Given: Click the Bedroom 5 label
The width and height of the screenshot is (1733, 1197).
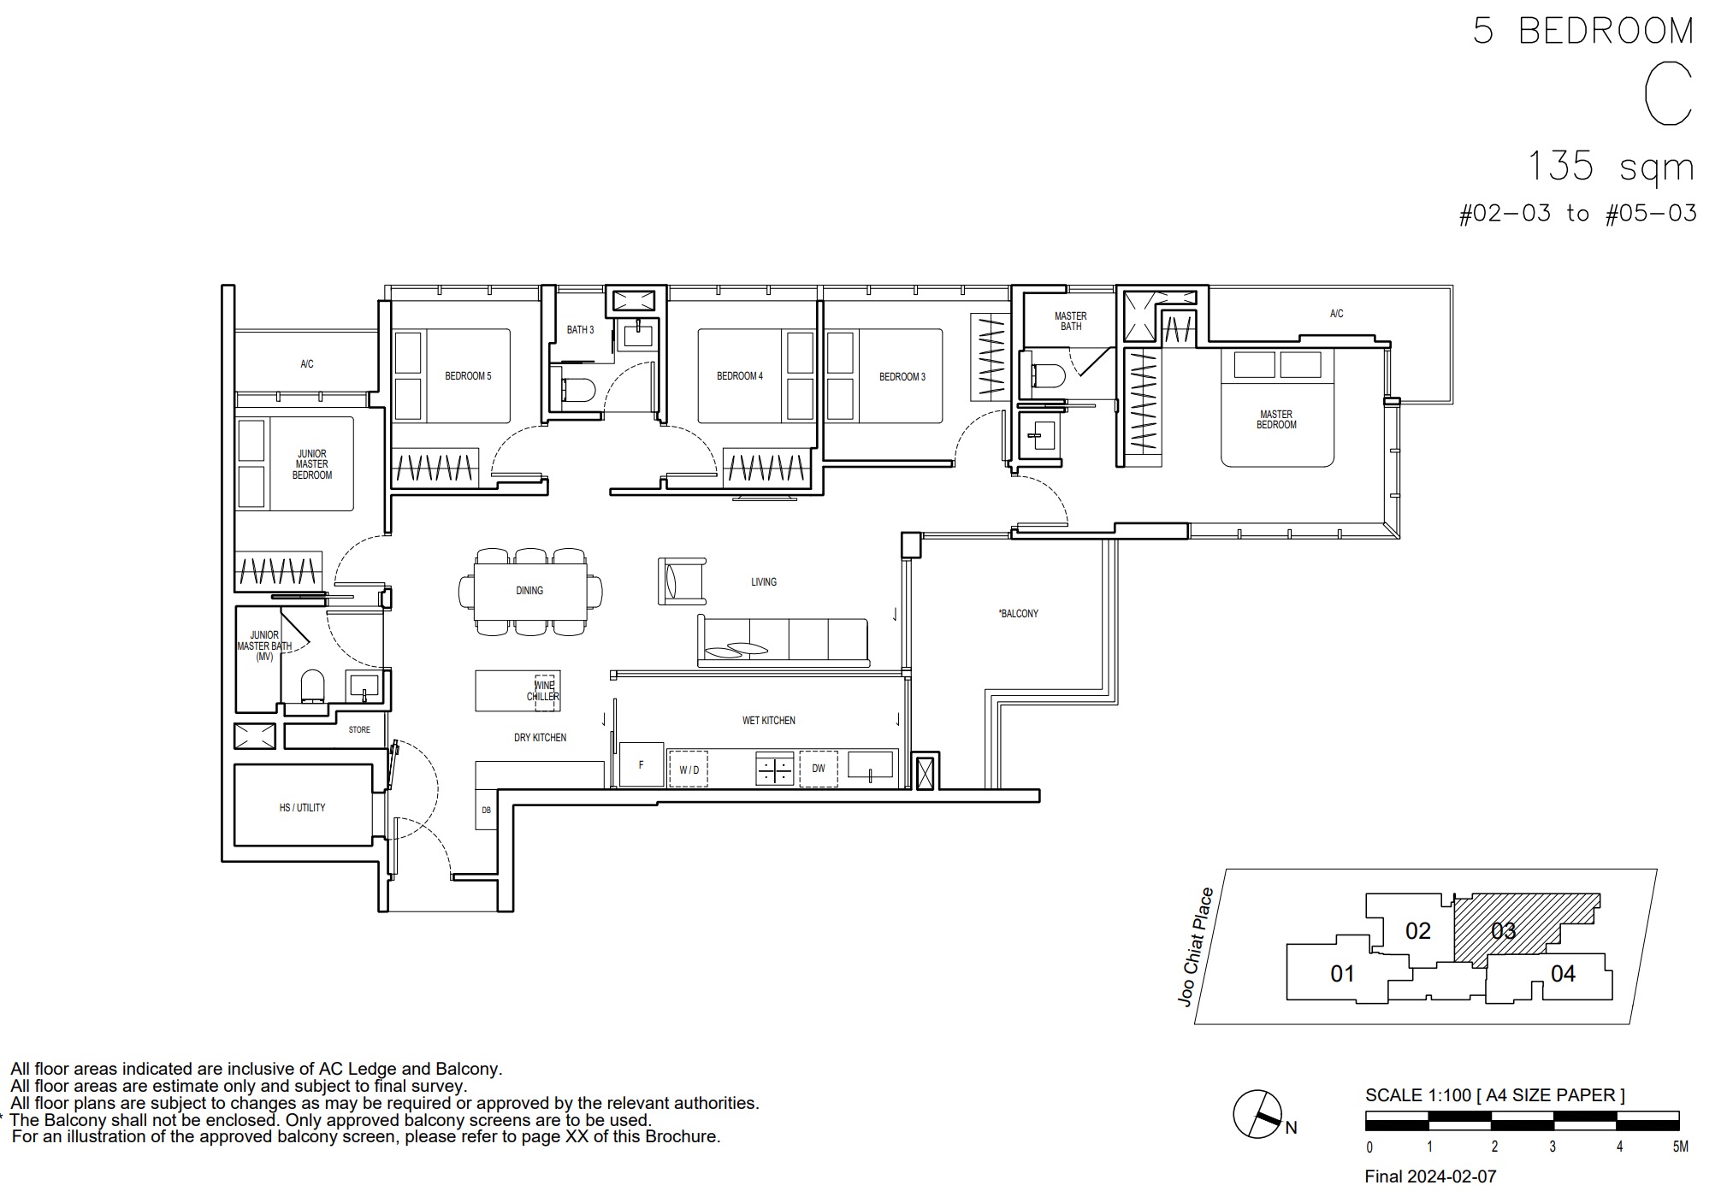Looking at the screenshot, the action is (x=468, y=376).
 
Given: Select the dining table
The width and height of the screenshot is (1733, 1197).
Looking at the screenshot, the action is (x=530, y=591).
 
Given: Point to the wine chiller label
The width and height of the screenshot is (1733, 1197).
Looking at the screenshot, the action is (x=543, y=691).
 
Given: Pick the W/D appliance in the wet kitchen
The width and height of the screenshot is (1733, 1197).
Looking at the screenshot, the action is (x=689, y=769).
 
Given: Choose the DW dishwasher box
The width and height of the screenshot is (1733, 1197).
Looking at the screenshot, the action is (x=819, y=769).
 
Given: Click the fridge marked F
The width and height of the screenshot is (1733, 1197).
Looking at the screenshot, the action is (x=641, y=764).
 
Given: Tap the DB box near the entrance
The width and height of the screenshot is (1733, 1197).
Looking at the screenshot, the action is (x=486, y=811).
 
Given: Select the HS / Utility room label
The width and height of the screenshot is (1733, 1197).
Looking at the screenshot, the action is (x=302, y=807).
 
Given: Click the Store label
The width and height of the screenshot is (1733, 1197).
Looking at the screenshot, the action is (x=359, y=730).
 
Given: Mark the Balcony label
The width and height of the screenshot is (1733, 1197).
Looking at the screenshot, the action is (x=1018, y=613).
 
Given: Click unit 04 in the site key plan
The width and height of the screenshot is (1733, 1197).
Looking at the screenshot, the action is (x=1563, y=973).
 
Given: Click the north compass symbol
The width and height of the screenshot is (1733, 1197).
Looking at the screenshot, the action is (x=1257, y=1114).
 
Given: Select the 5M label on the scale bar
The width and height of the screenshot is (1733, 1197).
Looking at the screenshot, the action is (x=1680, y=1147).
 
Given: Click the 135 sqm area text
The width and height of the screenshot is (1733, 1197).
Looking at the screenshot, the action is (x=1611, y=166).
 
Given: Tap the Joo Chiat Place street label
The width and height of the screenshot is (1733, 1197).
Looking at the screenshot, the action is (x=1196, y=946).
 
